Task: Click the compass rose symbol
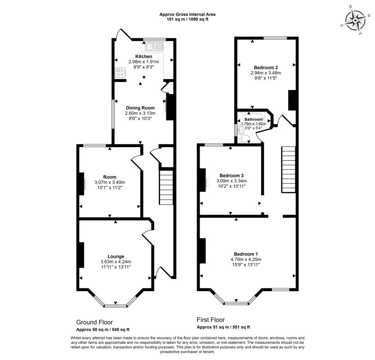point(355,21)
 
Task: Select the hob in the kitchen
point(121,73)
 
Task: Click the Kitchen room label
point(144,57)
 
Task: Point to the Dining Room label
point(140,108)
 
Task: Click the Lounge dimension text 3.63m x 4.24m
point(116,261)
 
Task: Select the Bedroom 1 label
point(246,254)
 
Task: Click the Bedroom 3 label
point(232,175)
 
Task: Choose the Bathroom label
point(254,119)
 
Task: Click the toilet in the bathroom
point(245,138)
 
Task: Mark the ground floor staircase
point(166,187)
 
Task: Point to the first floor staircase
point(288,170)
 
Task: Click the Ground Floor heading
point(94,322)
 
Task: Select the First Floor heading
point(211,320)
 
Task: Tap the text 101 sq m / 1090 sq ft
point(187,19)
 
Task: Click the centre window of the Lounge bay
point(116,306)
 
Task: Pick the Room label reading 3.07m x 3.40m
point(110,182)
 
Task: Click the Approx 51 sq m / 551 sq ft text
point(223,327)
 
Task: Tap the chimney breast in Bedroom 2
point(292,100)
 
